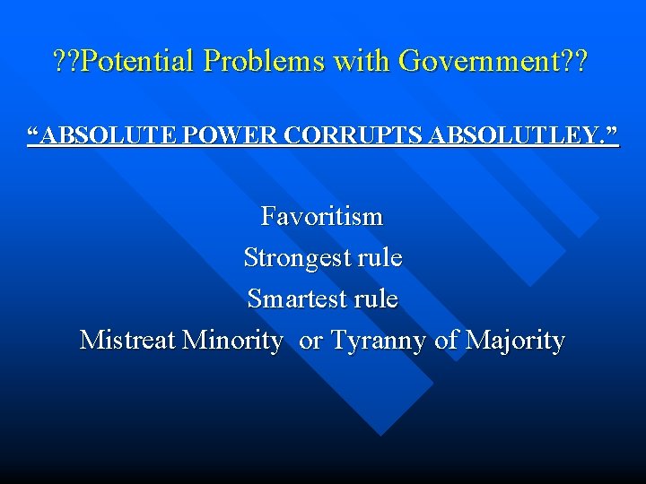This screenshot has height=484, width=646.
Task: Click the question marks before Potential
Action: (65, 61)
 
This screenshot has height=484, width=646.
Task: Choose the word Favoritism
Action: (322, 216)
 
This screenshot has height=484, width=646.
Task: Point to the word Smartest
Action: (300, 298)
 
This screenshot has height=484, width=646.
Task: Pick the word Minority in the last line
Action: (231, 341)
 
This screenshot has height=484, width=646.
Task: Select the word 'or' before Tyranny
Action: (311, 341)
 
